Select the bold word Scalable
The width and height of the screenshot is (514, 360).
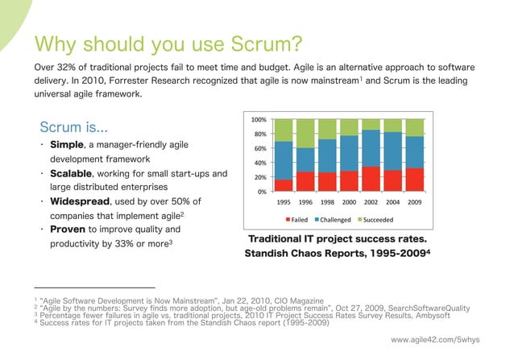tap(71, 173)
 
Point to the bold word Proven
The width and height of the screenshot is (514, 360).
tap(68, 230)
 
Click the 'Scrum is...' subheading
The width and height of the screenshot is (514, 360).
tap(75, 127)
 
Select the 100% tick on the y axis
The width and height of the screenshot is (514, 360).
tap(259, 119)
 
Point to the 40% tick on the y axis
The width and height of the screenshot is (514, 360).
tap(260, 163)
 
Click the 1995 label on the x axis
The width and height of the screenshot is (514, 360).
tap(284, 202)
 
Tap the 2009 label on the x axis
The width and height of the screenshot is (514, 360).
tap(414, 202)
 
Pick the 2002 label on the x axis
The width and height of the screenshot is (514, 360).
tap(371, 202)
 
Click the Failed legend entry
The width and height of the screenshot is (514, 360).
tap(298, 220)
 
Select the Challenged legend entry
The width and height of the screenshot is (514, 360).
tap(335, 220)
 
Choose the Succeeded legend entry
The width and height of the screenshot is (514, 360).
tap(379, 220)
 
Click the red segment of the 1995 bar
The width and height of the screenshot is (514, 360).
tap(284, 184)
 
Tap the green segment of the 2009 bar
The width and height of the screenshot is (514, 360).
tap(414, 127)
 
